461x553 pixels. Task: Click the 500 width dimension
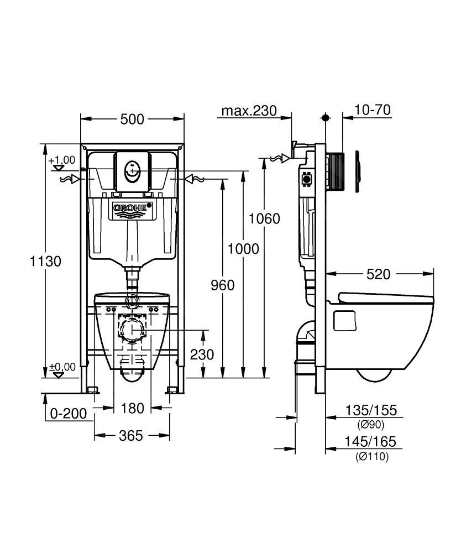coord(132,119)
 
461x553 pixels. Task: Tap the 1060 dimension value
coord(264,218)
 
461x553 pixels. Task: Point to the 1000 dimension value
coord(243,249)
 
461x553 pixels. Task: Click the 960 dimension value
coord(223,285)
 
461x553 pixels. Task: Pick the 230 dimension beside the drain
coord(202,354)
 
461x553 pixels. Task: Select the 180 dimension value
coord(133,408)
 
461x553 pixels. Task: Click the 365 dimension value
coord(132,436)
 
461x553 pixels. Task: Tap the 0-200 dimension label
coord(67,413)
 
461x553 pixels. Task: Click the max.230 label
coord(249,111)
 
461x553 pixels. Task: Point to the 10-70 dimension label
coord(372,110)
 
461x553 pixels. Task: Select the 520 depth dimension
coord(379,274)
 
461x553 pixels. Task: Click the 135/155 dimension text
coord(371,410)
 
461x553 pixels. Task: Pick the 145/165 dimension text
coord(371,442)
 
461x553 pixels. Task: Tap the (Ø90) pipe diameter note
coord(370,424)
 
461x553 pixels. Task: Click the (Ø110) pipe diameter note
coord(371,457)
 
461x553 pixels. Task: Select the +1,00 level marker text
coord(61,160)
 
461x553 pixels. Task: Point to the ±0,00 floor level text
coord(62,367)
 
